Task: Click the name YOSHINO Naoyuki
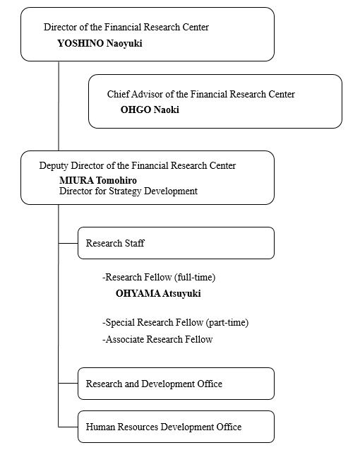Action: coord(104,43)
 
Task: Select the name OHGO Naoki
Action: coord(150,109)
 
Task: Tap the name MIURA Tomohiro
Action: coord(98,180)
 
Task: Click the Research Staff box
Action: coord(175,243)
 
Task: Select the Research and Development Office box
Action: coord(175,384)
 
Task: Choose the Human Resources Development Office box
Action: coord(175,427)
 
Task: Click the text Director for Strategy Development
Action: coord(128,191)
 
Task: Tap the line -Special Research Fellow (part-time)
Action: coord(175,323)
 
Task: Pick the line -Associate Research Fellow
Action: coord(157,339)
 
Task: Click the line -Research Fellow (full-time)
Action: coord(164,277)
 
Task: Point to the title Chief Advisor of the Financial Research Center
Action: coord(200,94)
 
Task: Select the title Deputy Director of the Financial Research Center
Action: coord(138,165)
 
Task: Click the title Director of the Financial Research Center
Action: coord(126,28)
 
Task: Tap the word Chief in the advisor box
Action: coord(119,94)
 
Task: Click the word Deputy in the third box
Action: coord(54,165)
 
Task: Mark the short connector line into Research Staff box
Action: coord(68,243)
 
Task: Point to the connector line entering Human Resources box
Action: coord(68,427)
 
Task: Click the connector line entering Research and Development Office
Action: coord(68,384)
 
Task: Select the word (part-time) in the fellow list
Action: coord(227,323)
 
